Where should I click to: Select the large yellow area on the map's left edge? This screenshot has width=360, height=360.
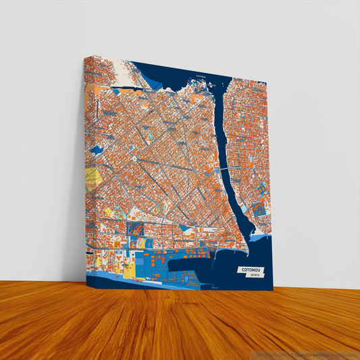pos(93,178)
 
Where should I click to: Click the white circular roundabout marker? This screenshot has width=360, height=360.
pos(134,159)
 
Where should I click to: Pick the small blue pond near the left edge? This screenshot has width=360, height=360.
pos(96,150)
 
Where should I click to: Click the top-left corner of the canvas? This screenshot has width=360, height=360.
pos(85,56)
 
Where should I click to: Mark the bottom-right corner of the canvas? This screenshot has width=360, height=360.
pos(272,290)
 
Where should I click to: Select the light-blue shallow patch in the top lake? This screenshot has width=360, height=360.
pos(157,85)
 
